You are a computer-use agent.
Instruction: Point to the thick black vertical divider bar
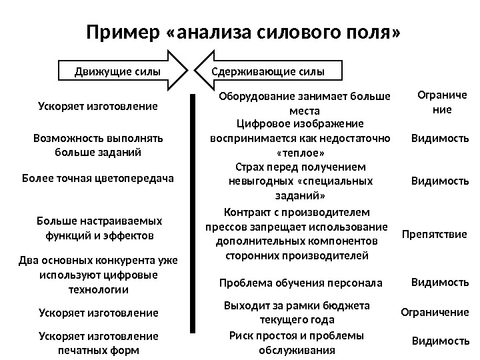click(194, 213)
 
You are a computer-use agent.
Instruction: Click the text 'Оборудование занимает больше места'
click(305, 103)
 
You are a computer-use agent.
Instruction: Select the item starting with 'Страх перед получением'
click(300, 181)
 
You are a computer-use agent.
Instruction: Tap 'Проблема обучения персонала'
click(301, 283)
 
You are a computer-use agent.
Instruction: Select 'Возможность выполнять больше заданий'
click(98, 145)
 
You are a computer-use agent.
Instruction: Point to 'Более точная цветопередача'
click(98, 179)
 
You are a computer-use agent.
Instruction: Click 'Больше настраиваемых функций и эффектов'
click(98, 227)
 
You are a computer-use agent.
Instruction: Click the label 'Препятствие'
click(434, 235)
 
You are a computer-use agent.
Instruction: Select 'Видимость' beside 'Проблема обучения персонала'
click(439, 282)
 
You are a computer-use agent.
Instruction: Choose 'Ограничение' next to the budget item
click(434, 312)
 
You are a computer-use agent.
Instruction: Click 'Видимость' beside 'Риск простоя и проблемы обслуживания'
click(440, 341)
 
